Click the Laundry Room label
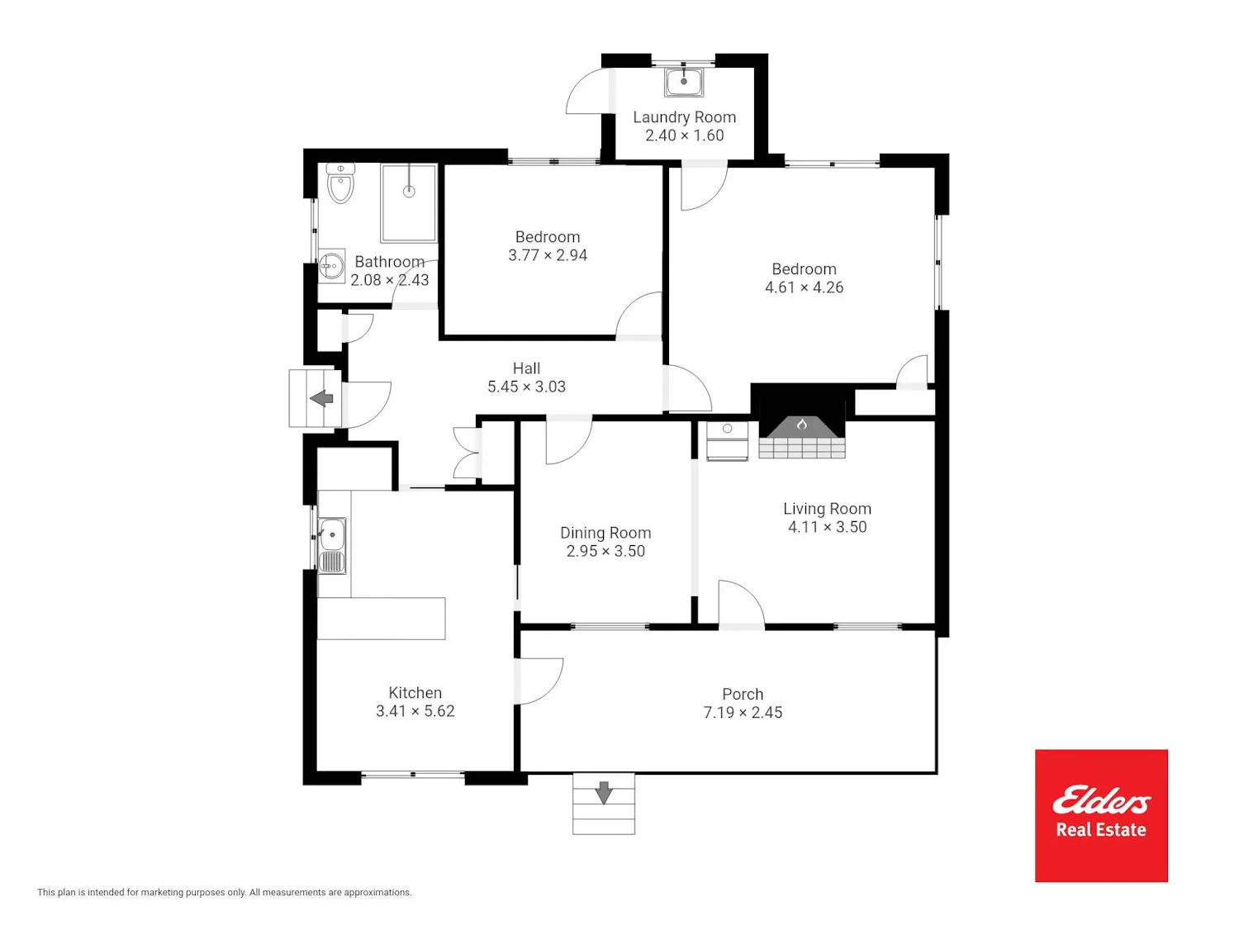684,117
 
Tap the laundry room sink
684,82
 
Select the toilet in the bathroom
340,183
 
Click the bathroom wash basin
332,265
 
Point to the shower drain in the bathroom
409,192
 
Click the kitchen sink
332,546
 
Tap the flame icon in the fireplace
801,424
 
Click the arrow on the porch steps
604,792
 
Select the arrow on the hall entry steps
321,398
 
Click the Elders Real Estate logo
1101,815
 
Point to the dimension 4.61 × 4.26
804,287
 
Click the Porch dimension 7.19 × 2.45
743,713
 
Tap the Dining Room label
605,533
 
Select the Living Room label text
827,509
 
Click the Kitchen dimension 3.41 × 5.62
415,711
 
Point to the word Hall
526,368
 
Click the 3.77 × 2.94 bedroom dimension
548,255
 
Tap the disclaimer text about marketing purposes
225,892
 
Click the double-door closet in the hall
468,453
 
